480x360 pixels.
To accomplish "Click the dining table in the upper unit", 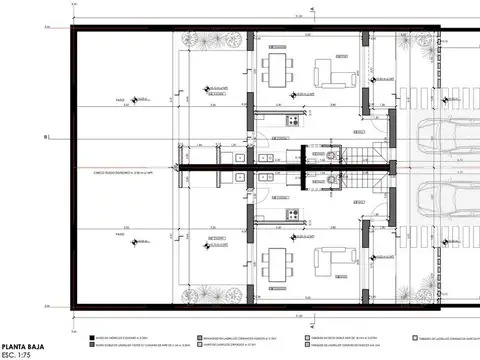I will click(277, 71).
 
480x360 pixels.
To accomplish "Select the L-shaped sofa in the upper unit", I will click(327, 73).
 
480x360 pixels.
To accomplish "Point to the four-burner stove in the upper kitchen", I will click(291, 121).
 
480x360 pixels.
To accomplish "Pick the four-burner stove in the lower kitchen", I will click(291, 212).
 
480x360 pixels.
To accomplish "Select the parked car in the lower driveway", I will click(445, 199).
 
